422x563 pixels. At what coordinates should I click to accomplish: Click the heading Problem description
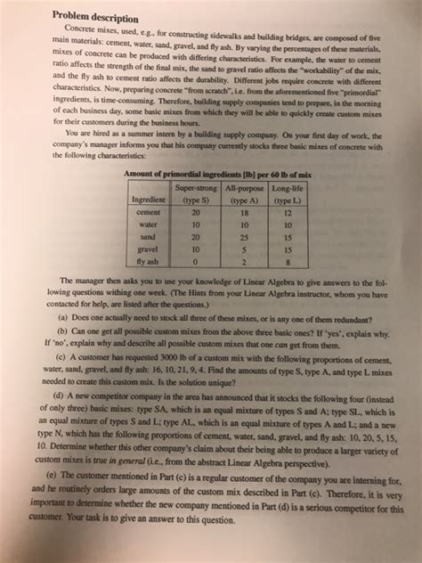pyautogui.click(x=95, y=17)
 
